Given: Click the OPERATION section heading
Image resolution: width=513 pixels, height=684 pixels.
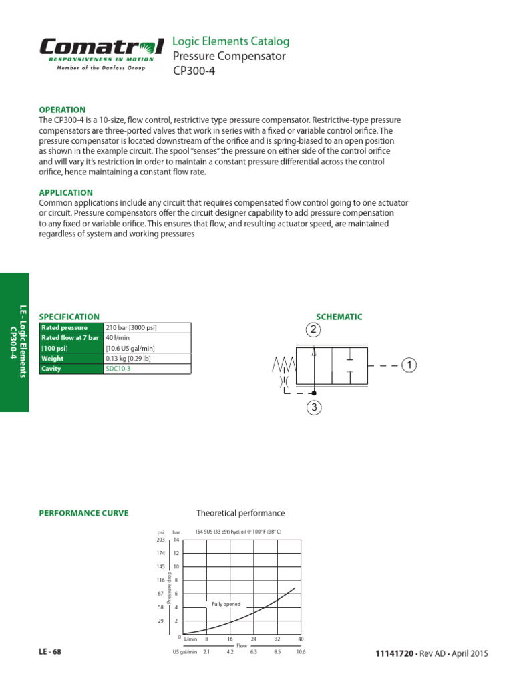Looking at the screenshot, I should (63, 110).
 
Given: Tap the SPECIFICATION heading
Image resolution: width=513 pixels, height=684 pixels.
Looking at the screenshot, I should (69, 317).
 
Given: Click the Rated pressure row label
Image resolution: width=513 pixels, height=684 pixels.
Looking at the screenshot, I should (65, 328).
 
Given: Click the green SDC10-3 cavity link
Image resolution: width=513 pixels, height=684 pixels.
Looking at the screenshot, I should (118, 368).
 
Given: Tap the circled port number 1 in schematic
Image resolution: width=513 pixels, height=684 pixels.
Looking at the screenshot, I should (409, 365).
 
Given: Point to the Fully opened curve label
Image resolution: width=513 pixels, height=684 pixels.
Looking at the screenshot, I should (226, 604).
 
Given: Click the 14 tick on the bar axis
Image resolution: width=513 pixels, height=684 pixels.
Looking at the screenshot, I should (176, 540).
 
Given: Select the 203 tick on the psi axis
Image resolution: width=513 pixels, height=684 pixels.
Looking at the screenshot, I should (160, 540).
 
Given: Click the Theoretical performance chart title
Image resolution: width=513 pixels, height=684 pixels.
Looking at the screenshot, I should (240, 513).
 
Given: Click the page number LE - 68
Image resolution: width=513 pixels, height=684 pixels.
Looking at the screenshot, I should (50, 652).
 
